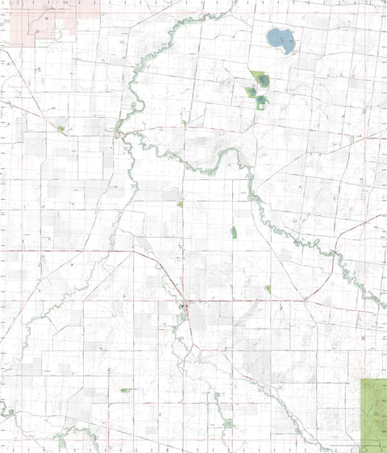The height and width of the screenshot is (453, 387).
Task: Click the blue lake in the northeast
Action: pos(280,39)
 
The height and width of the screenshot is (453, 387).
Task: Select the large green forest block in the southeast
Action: pos(373,413)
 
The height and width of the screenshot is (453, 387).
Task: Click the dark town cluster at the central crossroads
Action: pos(185,305)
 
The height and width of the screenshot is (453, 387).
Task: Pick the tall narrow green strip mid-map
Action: pos(234,232)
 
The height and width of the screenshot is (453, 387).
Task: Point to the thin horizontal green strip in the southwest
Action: pos(127,390)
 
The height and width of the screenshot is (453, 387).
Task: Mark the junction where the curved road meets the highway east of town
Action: pos(306,300)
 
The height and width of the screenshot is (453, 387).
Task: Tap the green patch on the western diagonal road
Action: pos(60,128)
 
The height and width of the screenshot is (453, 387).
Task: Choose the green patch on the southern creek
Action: pos(228,422)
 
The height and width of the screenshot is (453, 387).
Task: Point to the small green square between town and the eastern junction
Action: pos(268,288)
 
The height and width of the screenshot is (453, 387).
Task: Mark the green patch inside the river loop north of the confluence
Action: pos(134,105)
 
